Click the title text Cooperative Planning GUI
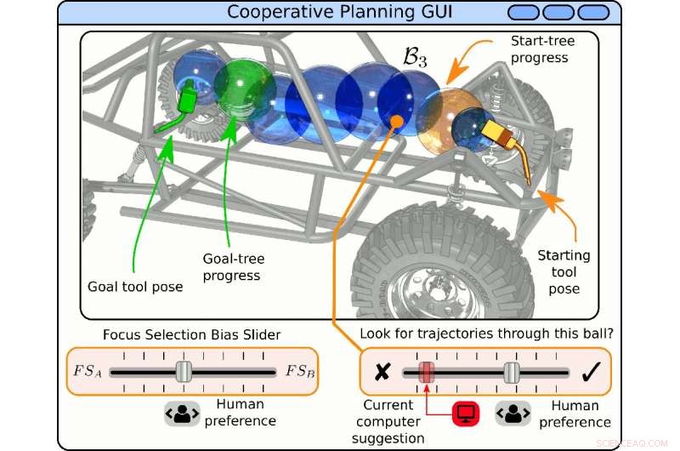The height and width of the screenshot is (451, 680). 341,13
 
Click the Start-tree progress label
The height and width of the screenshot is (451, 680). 542,49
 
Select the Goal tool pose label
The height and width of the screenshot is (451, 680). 135,287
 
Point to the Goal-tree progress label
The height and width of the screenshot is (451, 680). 231,265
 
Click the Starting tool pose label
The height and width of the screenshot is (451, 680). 564,271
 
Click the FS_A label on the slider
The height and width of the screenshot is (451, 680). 88,372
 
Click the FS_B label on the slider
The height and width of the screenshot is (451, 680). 299,372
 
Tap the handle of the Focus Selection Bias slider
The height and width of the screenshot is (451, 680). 183,372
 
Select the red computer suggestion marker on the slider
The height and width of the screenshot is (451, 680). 428,372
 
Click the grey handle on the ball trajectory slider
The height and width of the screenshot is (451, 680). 511,372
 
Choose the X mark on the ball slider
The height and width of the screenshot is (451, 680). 382,372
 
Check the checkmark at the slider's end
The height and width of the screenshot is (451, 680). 592,372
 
